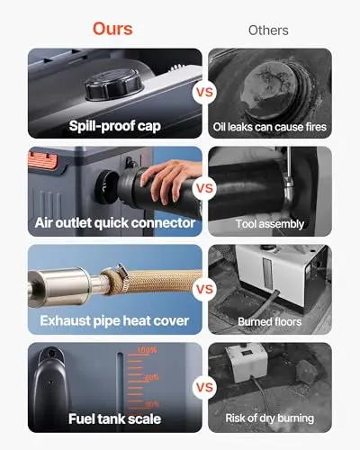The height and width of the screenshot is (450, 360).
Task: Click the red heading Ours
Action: (x=112, y=29)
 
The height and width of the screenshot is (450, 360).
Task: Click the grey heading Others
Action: (x=268, y=31)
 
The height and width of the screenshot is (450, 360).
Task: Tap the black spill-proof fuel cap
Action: (x=113, y=85)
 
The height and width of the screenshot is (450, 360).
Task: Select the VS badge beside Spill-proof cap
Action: (x=204, y=92)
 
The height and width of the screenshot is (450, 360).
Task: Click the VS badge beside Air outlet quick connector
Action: (x=204, y=188)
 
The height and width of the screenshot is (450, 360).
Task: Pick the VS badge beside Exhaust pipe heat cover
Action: (x=204, y=289)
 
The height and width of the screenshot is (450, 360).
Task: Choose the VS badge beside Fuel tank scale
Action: (x=204, y=387)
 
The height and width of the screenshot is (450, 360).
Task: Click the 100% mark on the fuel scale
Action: (x=147, y=350)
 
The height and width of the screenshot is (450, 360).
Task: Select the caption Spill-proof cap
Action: (x=115, y=126)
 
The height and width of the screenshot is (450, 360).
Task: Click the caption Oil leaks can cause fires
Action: (x=270, y=127)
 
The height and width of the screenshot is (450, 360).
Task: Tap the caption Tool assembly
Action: (x=270, y=224)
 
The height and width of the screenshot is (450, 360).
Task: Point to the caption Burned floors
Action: (x=270, y=322)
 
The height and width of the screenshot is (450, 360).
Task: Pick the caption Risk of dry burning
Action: (x=270, y=418)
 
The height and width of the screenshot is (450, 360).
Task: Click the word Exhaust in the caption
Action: (x=65, y=320)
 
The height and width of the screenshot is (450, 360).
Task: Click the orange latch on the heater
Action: (x=42, y=160)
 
